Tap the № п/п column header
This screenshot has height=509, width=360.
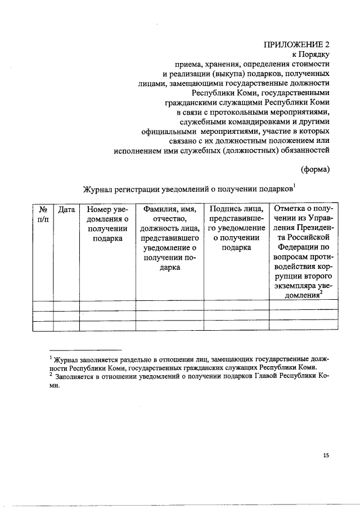point(43,214)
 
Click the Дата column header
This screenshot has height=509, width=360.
point(66,210)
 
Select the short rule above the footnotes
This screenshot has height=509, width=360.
point(85,349)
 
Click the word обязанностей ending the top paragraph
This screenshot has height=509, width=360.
point(302,150)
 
